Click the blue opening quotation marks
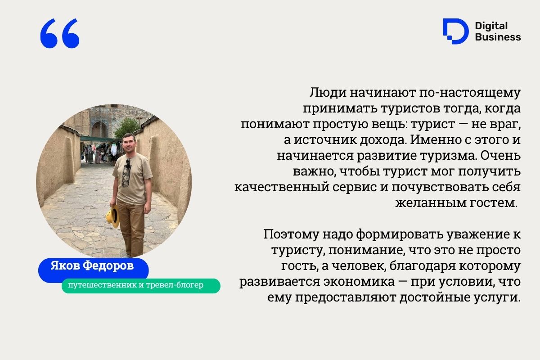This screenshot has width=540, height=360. click(x=59, y=33)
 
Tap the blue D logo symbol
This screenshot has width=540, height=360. click(x=455, y=31)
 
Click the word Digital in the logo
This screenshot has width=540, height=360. click(x=491, y=26)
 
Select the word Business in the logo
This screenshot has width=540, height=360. click(x=498, y=37)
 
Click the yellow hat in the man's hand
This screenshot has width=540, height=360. click(x=113, y=216)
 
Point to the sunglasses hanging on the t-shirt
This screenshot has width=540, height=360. click(x=128, y=164)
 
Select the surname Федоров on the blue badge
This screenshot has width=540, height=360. click(x=108, y=265)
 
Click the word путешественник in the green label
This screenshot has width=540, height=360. click(x=102, y=285)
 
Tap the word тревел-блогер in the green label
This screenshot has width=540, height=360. click(x=175, y=285)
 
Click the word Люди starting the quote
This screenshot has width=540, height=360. click(x=328, y=93)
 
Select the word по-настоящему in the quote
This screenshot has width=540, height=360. click(x=470, y=93)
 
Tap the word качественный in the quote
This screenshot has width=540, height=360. click(x=282, y=187)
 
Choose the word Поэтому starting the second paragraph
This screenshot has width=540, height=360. click(x=291, y=234)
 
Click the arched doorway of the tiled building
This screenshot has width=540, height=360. click(x=99, y=129)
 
